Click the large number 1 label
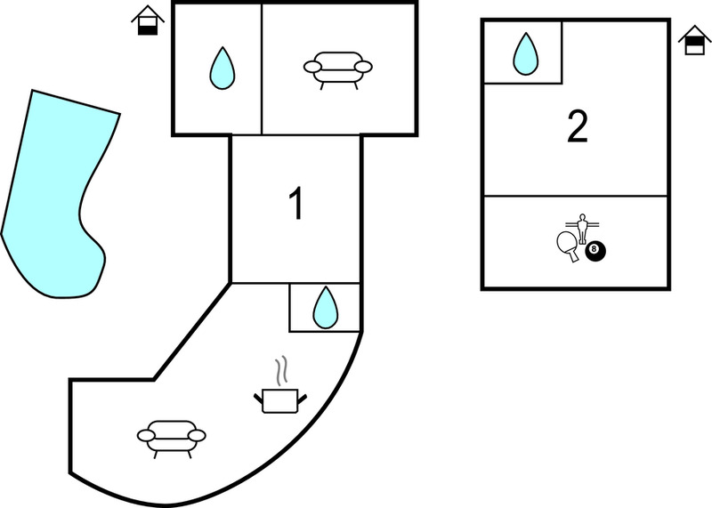coord(296,205)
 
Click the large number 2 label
coord(578,126)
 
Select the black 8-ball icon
coord(595,251)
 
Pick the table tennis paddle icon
coord(567,245)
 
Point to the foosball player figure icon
coord(583,229)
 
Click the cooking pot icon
coord(279,400)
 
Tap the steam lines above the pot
coord(281,370)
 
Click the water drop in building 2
coord(525,53)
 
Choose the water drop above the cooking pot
coord(325,307)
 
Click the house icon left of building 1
coord(148,20)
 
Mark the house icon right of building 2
coord(694,40)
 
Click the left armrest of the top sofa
coord(312,68)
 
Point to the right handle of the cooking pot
coord(302,399)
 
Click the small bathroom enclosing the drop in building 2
coord(523,52)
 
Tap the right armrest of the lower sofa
coord(197,436)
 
